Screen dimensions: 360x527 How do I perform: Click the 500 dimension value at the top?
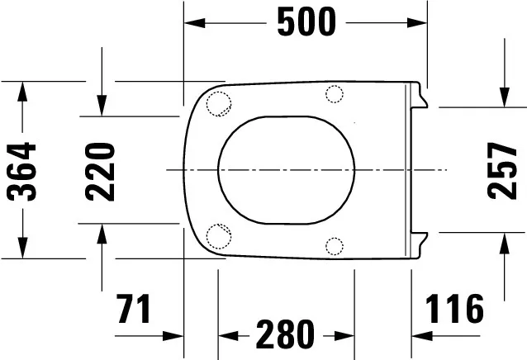[x=306, y=22]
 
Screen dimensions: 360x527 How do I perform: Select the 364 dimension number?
[x=22, y=172]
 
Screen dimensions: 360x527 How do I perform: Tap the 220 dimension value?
[x=101, y=172]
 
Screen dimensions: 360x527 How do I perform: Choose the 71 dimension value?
[x=134, y=310]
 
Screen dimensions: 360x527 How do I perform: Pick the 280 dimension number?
[x=285, y=335]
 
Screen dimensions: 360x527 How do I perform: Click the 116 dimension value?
[x=453, y=310]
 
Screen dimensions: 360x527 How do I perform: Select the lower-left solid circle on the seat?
[x=217, y=235]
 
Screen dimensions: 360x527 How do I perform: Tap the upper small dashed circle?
[x=335, y=94]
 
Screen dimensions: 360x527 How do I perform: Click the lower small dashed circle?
[x=335, y=244]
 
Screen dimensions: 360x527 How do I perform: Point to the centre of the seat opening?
[x=287, y=169]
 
